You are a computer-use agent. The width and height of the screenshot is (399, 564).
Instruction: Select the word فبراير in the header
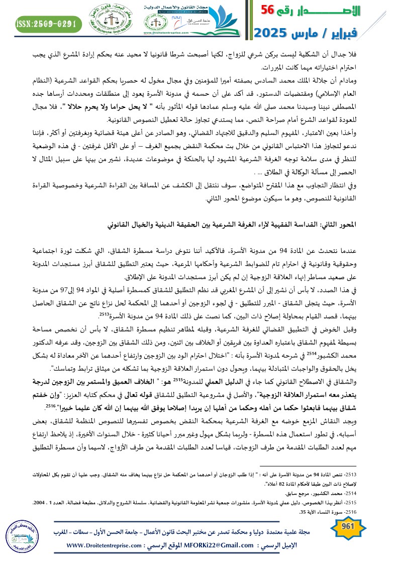(x=370, y=34)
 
